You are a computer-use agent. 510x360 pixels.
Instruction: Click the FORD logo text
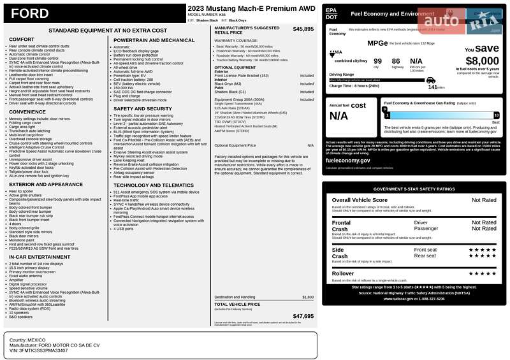(x=29, y=14)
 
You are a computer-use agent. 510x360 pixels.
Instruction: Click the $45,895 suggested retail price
(x=303, y=29)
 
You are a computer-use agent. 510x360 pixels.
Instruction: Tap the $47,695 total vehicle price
(x=303, y=316)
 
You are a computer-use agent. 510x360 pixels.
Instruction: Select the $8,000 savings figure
(x=477, y=61)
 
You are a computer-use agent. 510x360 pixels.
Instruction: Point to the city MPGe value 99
(x=377, y=61)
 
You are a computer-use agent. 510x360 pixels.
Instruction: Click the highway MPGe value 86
(x=397, y=61)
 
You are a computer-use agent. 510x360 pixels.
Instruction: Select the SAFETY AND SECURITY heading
(x=142, y=109)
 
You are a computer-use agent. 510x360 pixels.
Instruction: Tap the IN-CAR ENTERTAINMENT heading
(x=35, y=257)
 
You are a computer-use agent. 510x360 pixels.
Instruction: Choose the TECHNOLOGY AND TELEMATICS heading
(x=153, y=185)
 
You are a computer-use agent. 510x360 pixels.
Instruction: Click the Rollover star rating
(x=483, y=273)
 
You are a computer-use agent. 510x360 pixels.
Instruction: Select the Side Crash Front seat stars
(x=483, y=250)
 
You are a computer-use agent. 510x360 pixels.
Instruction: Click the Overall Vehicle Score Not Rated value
(x=484, y=200)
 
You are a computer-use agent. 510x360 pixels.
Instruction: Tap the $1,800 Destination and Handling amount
(x=308, y=297)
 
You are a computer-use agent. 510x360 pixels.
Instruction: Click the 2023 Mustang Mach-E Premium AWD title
(x=251, y=8)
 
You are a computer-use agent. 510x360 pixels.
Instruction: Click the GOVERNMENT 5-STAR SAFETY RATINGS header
(x=414, y=189)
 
